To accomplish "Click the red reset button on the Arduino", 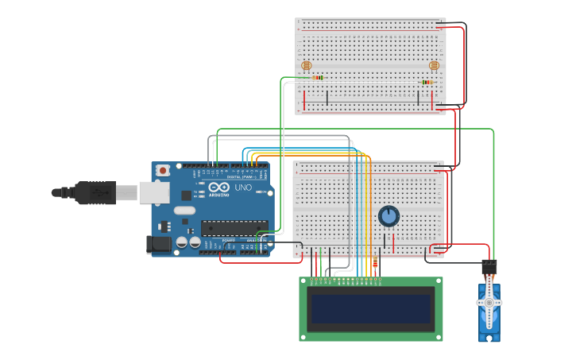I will pyautogui.click(x=163, y=170).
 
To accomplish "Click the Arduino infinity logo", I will pyautogui.click(x=219, y=187).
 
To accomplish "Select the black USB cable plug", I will pyautogui.click(x=95, y=192).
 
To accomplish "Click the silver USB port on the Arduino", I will pyautogui.click(x=154, y=192).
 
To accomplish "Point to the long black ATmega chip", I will pyautogui.click(x=234, y=228).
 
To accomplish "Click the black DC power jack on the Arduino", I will pyautogui.click(x=160, y=245).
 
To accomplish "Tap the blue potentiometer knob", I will pyautogui.click(x=389, y=216).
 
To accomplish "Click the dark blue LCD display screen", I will pyautogui.click(x=371, y=309).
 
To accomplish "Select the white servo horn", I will pyautogui.click(x=489, y=303).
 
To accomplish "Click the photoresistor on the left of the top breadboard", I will pyautogui.click(x=306, y=65).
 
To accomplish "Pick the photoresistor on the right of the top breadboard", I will pyautogui.click(x=434, y=65).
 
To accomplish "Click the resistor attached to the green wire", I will pyautogui.click(x=318, y=78).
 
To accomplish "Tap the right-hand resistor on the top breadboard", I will pyautogui.click(x=427, y=82).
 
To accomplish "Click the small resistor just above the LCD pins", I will pyautogui.click(x=375, y=263).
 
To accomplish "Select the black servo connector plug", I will pyautogui.click(x=489, y=267).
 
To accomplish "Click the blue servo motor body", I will pyautogui.click(x=489, y=314).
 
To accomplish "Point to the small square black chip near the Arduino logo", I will pyautogui.click(x=186, y=195).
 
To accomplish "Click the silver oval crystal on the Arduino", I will pyautogui.click(x=184, y=211).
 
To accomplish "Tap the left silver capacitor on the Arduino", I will pyautogui.click(x=182, y=242).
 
